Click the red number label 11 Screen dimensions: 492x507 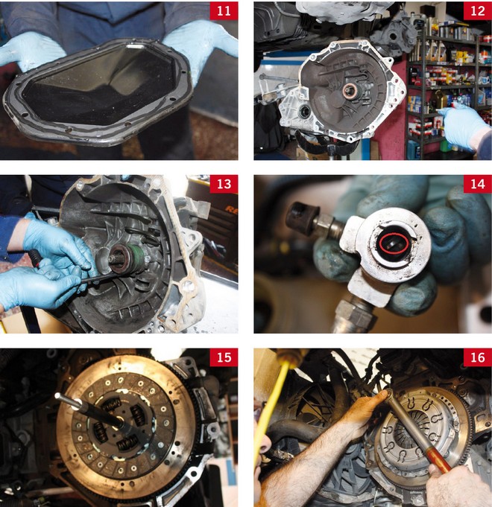click(224, 10)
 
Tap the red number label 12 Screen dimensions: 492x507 click(477, 10)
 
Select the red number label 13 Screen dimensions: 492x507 click(224, 184)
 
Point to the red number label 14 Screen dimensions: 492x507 click(477, 184)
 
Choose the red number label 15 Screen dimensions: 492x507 click(224, 357)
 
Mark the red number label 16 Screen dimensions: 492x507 click(477, 357)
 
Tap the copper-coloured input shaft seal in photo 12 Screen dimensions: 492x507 click(350, 91)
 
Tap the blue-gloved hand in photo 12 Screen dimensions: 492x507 click(465, 126)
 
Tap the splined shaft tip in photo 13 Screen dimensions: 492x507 click(114, 259)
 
